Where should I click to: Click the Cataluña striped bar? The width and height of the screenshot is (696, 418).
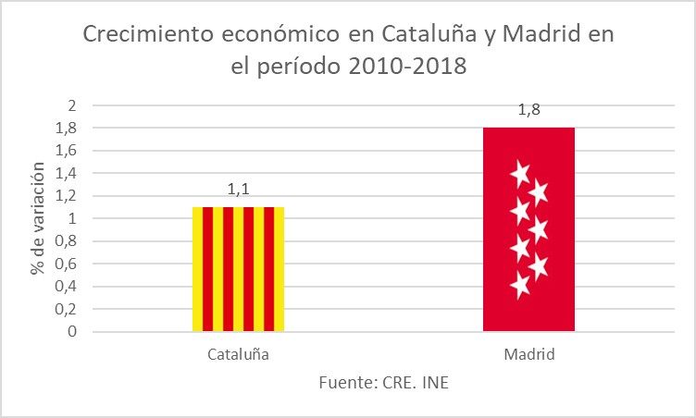click(238, 268)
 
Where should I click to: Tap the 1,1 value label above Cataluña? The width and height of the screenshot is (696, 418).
click(238, 191)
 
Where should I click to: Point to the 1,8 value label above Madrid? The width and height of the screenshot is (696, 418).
click(529, 111)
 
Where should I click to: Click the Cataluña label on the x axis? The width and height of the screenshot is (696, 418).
click(238, 354)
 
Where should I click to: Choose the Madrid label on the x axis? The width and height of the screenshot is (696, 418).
click(528, 354)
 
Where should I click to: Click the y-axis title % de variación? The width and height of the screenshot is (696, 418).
click(38, 218)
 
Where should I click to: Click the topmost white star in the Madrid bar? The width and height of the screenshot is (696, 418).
click(519, 173)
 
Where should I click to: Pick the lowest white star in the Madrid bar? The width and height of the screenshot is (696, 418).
click(520, 286)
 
